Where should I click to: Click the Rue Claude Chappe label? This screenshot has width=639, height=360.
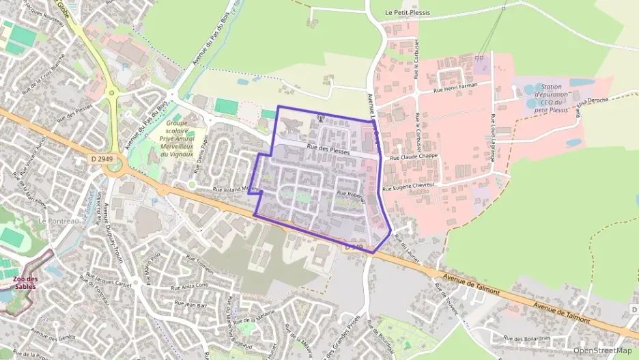414,157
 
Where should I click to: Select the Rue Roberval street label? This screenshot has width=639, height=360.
353,194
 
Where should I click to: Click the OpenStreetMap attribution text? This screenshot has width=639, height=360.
603,350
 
